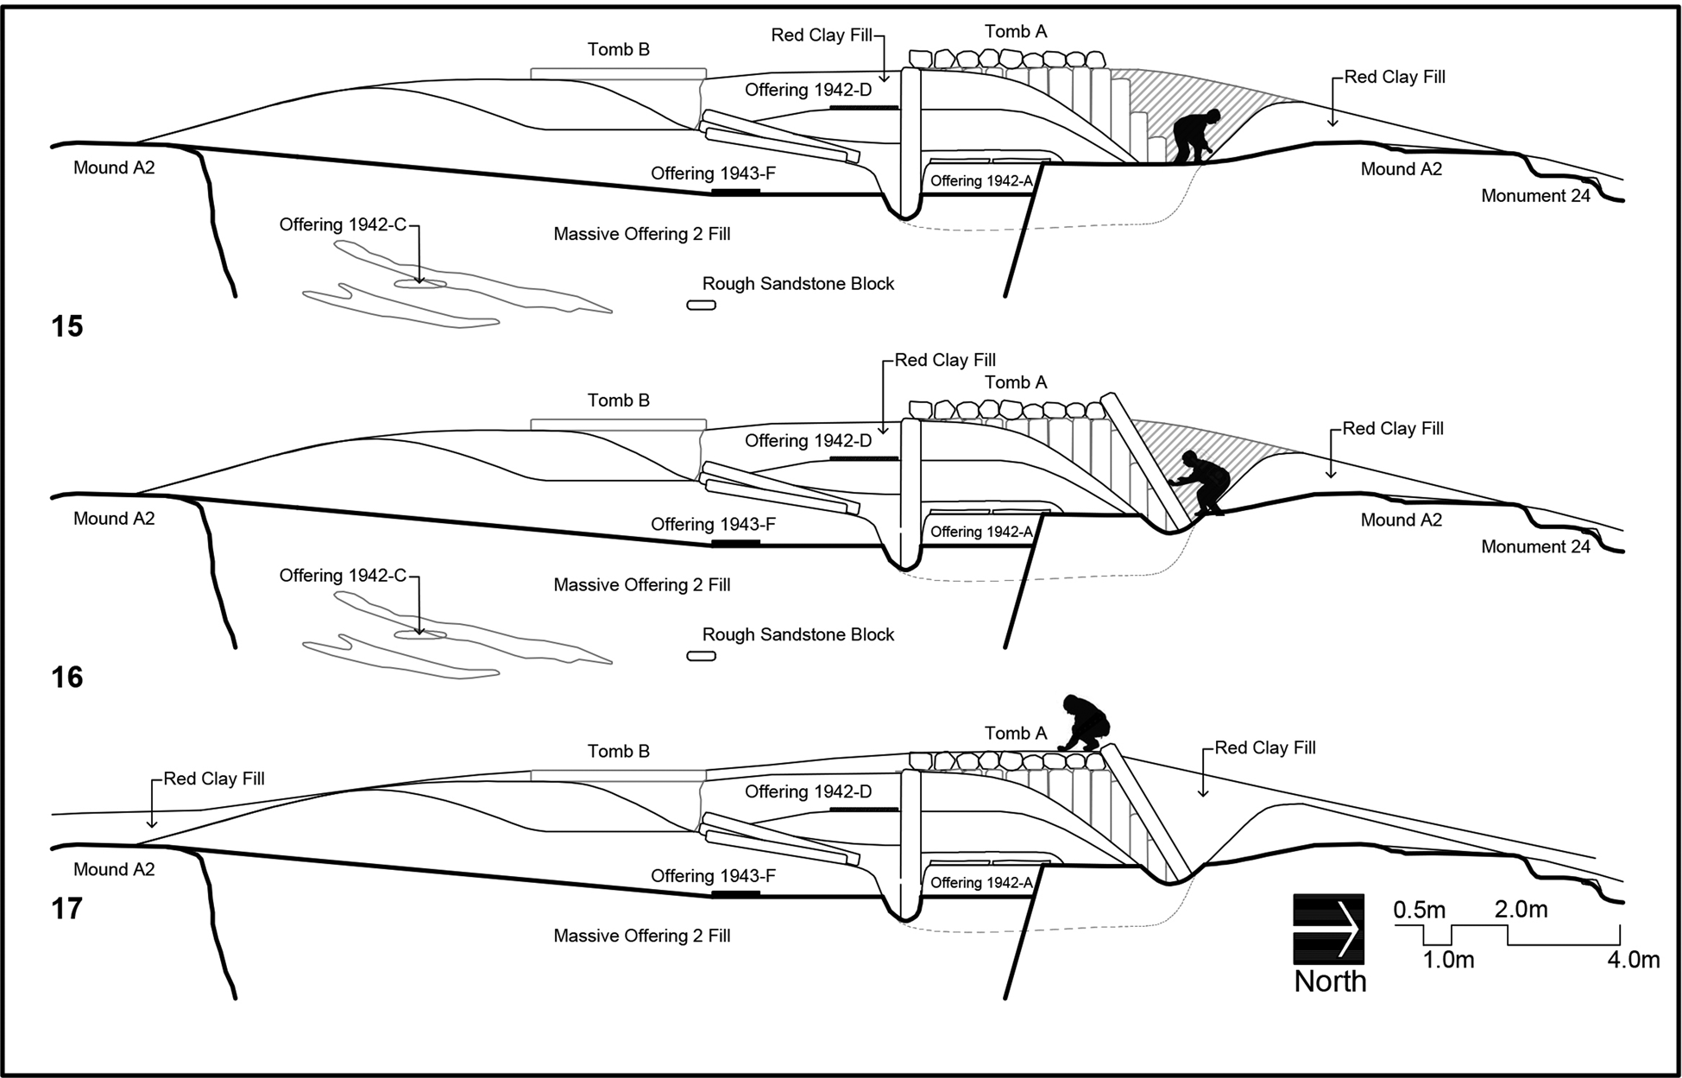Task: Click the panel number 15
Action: [67, 326]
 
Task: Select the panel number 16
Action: [67, 678]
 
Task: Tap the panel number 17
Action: [67, 909]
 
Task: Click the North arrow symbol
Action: [1328, 929]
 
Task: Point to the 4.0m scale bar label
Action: [1633, 960]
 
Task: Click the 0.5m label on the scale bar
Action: [1419, 910]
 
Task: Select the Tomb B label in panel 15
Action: [618, 49]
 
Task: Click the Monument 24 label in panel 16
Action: [1535, 546]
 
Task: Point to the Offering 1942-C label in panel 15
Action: [343, 224]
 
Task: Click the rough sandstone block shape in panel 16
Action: [701, 656]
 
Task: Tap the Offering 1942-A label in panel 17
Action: [981, 882]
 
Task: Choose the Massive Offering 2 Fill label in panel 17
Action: [642, 936]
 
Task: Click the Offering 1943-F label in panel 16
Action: [713, 524]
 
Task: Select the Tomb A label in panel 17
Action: [1016, 734]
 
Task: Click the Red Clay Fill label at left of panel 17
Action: [214, 779]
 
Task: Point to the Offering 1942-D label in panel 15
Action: [808, 90]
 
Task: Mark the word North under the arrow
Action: [1330, 981]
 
